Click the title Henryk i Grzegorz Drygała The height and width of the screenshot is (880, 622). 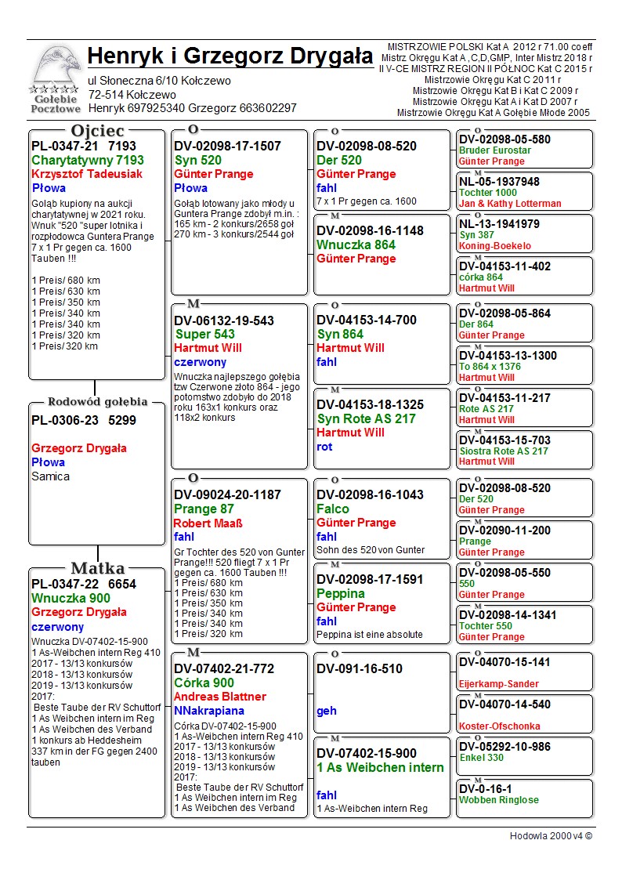click(230, 56)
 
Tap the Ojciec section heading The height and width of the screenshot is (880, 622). click(97, 130)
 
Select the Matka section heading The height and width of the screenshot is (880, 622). click(97, 568)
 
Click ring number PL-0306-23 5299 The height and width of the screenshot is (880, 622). click(84, 420)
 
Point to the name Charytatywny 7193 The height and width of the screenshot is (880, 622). click(88, 160)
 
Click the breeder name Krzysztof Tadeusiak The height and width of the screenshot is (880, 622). click(87, 174)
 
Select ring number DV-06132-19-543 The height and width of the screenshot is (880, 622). click(224, 320)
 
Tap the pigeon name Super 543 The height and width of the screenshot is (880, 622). click(204, 335)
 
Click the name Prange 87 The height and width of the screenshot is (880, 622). click(204, 509)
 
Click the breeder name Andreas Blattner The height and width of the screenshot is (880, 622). click(220, 697)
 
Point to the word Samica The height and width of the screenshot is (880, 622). click(51, 476)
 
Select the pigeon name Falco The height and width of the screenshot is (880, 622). click(333, 509)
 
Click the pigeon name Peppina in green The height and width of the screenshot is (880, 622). click(341, 594)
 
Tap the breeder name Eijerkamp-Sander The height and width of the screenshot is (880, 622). click(499, 684)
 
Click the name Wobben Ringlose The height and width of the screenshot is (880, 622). click(499, 800)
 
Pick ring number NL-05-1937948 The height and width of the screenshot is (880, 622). click(499, 182)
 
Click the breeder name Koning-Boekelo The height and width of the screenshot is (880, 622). click(495, 246)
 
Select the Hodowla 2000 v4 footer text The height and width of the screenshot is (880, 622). click(551, 836)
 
